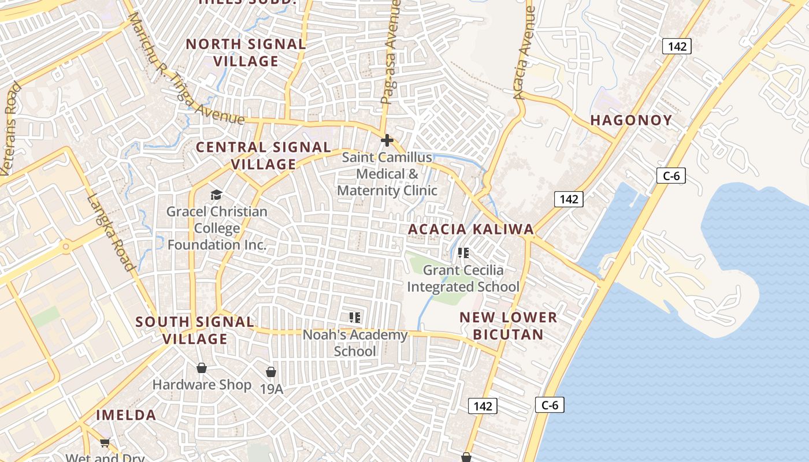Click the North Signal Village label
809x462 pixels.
click(246, 53)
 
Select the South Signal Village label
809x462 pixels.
click(195, 330)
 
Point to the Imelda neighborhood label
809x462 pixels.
click(126, 415)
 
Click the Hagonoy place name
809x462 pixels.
click(631, 120)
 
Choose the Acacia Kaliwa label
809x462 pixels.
click(471, 229)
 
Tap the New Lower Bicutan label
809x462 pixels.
click(509, 326)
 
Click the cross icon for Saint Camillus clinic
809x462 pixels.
click(387, 140)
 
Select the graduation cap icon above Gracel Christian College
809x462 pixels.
click(216, 195)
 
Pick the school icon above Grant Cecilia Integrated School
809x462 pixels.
click(463, 253)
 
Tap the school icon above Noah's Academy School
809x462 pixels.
click(355, 318)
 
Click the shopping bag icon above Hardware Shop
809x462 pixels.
click(202, 368)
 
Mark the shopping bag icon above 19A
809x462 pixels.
click(271, 372)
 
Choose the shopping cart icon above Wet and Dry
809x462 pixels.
click(105, 443)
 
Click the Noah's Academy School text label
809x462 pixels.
click(355, 343)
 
